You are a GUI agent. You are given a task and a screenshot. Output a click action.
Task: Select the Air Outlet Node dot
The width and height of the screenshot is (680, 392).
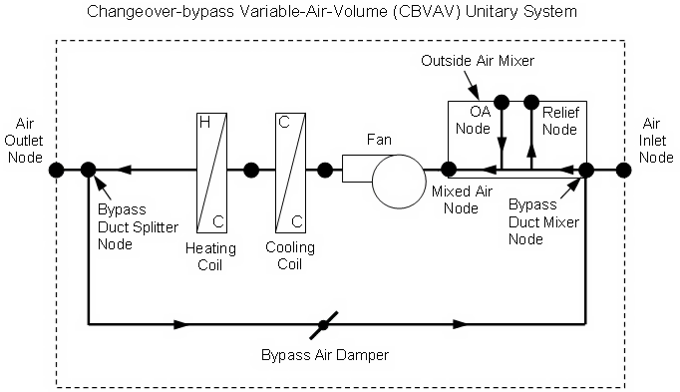[x=57, y=170]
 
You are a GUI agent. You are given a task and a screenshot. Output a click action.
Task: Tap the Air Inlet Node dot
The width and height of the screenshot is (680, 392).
[x=623, y=170]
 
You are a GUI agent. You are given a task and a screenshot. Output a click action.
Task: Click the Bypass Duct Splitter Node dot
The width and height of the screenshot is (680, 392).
[x=89, y=170]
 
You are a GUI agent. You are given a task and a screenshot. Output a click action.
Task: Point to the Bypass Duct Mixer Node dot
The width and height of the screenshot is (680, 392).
[x=586, y=170]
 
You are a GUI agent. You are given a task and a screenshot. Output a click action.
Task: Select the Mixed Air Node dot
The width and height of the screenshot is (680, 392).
[x=450, y=170]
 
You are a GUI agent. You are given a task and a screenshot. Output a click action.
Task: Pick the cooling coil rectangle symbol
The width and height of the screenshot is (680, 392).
[x=288, y=171]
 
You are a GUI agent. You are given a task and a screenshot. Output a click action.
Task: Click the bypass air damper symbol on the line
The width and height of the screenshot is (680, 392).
[x=322, y=324]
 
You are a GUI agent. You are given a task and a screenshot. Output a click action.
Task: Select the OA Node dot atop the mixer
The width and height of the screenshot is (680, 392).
[x=502, y=102]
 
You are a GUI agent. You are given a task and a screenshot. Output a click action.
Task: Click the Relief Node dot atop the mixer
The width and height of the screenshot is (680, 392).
[x=531, y=102]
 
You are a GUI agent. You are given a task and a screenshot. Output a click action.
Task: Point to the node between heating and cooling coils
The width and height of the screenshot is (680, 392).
[x=251, y=170]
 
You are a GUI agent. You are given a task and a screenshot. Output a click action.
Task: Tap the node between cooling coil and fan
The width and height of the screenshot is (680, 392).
[x=325, y=170]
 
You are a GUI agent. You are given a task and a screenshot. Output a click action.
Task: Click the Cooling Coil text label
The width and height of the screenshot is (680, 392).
[x=290, y=255]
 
